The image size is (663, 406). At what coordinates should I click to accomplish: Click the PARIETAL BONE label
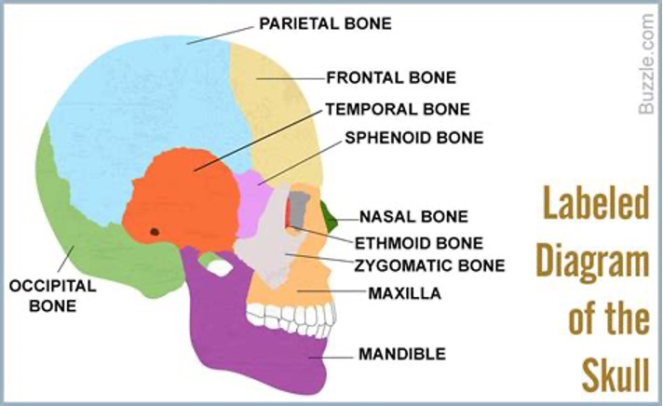(312, 22)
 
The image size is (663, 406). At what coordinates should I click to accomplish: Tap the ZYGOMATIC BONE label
(430, 265)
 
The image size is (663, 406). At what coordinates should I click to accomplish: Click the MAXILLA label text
(404, 295)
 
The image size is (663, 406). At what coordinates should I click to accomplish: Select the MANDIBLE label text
(402, 354)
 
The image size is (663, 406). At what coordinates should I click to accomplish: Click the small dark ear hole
(154, 231)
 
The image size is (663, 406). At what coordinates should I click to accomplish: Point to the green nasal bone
(328, 215)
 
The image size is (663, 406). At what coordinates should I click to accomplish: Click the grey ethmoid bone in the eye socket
(299, 210)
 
